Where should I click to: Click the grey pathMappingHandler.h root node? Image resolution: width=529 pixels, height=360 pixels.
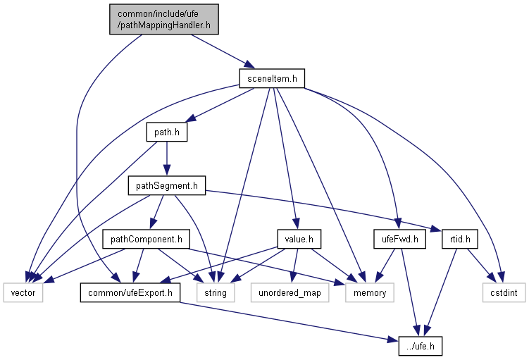tap(164, 19)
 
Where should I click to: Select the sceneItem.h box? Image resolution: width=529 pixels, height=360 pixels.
tap(271, 78)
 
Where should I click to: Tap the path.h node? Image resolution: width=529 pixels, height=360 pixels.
tap(166, 132)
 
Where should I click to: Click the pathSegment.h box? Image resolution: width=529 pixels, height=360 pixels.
tap(166, 186)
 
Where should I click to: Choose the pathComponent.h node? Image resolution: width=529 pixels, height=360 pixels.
tap(146, 240)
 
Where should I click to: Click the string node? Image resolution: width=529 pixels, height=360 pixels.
tap(216, 292)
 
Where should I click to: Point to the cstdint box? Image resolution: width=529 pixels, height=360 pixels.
tap(504, 292)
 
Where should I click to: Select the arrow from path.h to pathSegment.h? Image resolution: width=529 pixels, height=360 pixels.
tap(166, 159)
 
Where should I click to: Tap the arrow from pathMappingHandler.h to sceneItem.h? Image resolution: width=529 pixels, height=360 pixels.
tap(218, 51)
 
